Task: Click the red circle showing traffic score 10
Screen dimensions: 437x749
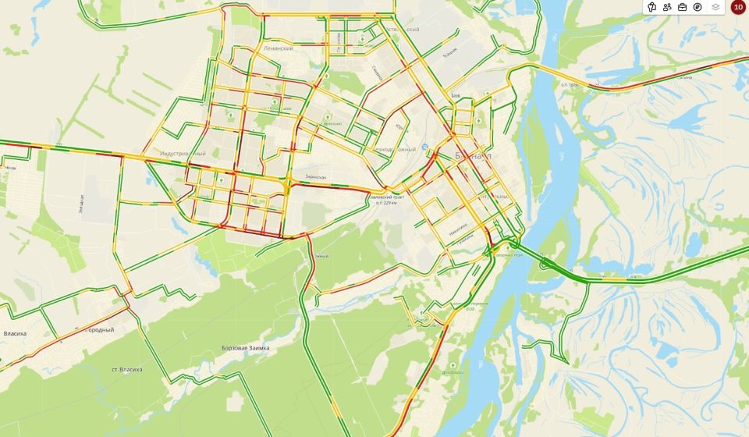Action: [x=737, y=7]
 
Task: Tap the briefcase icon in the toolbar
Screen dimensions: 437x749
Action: [x=683, y=7]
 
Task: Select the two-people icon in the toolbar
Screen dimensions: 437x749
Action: [x=667, y=7]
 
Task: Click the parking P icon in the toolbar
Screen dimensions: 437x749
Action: [x=698, y=7]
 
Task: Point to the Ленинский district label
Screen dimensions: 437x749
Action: [x=279, y=48]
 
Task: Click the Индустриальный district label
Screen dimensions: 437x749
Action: [x=181, y=154]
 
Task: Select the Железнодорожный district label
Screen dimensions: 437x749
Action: [x=392, y=149]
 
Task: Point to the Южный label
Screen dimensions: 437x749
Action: [x=321, y=256]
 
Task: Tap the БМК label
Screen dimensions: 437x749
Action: [x=456, y=96]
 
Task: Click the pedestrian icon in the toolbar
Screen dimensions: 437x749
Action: [x=651, y=7]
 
